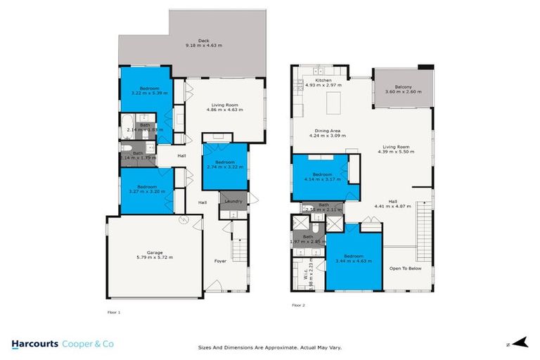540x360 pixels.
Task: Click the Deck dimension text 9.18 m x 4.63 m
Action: pyautogui.click(x=203, y=46)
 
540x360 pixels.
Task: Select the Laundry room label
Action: pyautogui.click(x=233, y=202)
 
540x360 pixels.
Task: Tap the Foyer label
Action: pyautogui.click(x=220, y=261)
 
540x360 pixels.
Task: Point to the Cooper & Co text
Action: pyautogui.click(x=89, y=344)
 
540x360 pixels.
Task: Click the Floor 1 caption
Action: pyautogui.click(x=113, y=311)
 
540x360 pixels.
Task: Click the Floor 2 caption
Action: pyautogui.click(x=299, y=305)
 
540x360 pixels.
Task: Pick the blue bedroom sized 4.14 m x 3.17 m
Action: pyautogui.click(x=321, y=176)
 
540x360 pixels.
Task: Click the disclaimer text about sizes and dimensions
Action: pyautogui.click(x=270, y=347)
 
